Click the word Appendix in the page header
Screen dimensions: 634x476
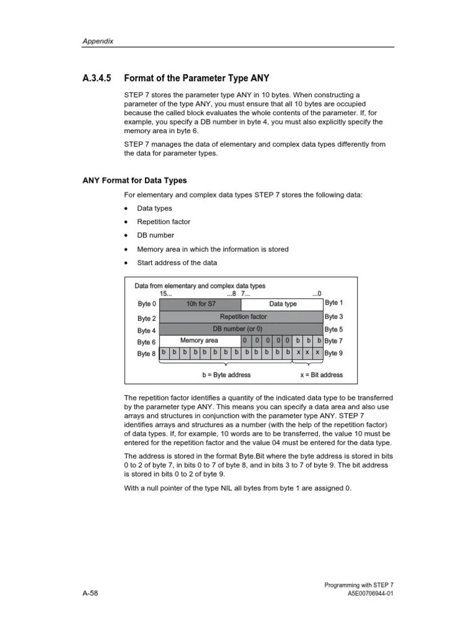click(98, 41)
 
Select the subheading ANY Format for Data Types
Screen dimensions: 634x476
click(134, 180)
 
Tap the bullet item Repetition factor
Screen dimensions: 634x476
click(164, 222)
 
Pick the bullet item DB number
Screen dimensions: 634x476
click(156, 235)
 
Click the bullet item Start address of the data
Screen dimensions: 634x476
click(177, 263)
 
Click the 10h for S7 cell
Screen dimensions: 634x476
click(201, 304)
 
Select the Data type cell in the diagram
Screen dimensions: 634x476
click(283, 304)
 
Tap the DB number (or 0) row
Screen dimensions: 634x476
click(241, 329)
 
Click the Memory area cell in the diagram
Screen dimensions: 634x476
click(199, 341)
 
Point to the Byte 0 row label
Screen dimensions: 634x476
click(147, 305)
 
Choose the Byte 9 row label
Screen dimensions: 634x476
click(333, 353)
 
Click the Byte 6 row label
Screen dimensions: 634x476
click(147, 342)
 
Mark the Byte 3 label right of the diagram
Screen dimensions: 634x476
click(333, 316)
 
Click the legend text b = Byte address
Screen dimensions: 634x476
click(226, 375)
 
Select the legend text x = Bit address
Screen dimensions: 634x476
click(321, 375)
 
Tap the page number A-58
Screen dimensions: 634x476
click(90, 593)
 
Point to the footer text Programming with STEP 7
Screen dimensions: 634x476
click(359, 584)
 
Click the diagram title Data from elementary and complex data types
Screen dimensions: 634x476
click(200, 286)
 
